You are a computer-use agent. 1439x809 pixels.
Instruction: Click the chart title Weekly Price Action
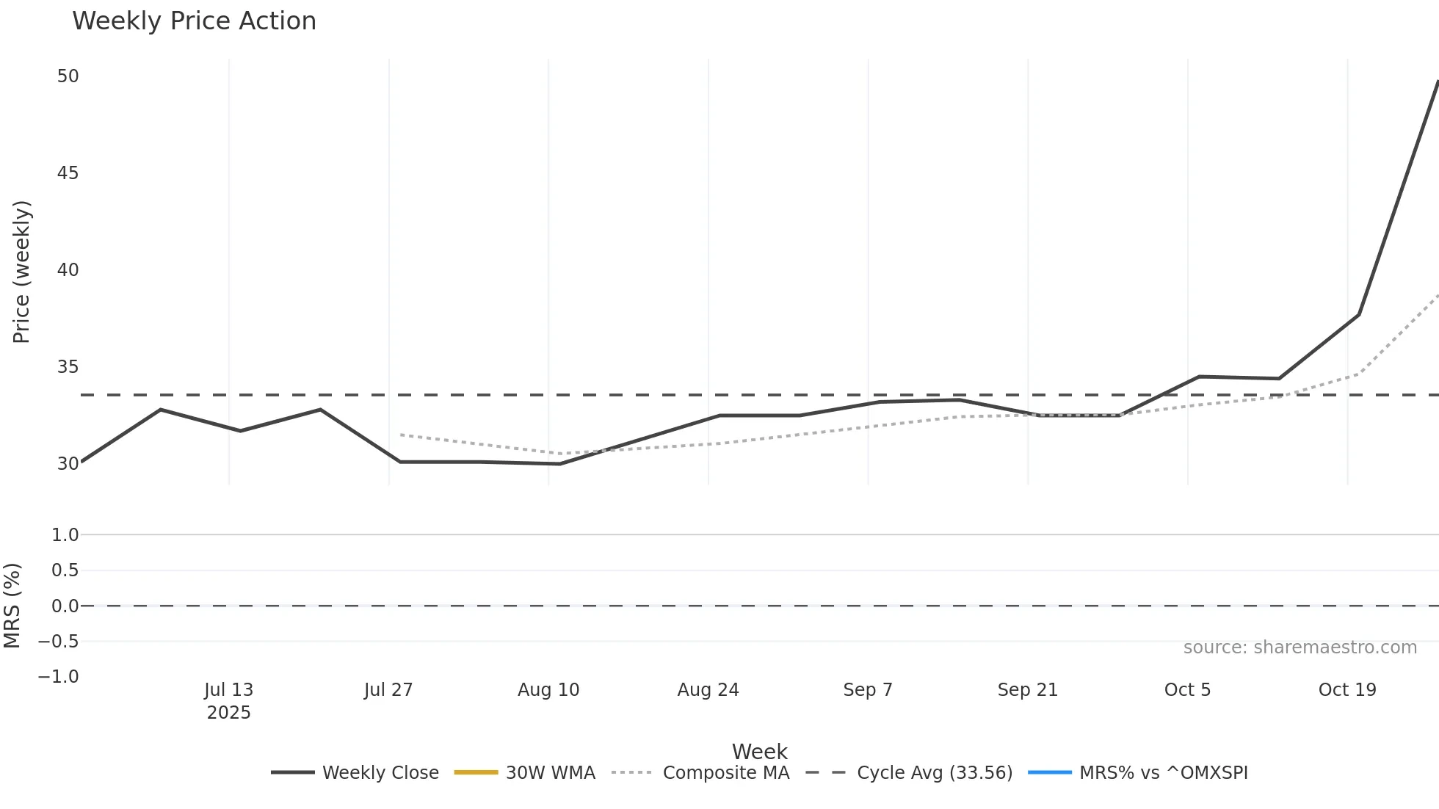(194, 21)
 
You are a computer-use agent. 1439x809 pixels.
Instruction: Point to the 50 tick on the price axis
(68, 76)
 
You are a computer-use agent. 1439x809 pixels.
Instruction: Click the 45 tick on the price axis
(68, 173)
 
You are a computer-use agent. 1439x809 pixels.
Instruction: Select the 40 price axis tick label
(68, 270)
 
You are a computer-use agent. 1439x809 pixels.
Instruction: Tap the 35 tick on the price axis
(68, 367)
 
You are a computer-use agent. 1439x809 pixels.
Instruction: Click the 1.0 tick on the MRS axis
(65, 535)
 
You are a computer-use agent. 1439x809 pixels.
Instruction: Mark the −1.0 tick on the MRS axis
(58, 677)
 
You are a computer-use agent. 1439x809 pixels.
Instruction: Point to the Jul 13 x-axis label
(228, 690)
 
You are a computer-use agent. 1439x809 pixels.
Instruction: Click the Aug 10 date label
(548, 690)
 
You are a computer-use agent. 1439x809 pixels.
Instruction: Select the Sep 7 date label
(868, 690)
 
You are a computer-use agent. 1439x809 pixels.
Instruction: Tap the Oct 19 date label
(1347, 690)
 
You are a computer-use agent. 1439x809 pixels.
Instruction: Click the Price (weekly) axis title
(21, 272)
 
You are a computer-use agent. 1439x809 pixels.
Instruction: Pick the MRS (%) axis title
(12, 606)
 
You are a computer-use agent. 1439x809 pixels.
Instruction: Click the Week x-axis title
(759, 752)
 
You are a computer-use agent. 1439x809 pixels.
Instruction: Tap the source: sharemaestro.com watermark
(1300, 647)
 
